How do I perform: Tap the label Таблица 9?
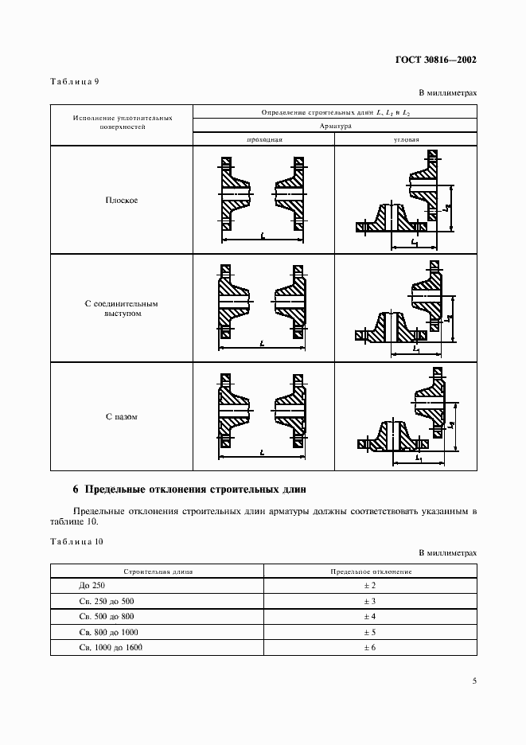[x=74, y=80]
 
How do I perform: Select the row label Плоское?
[x=122, y=200]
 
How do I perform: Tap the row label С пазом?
[x=122, y=416]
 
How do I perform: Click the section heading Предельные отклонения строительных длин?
[x=189, y=488]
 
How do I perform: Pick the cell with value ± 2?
[x=369, y=585]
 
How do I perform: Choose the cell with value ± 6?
[x=369, y=647]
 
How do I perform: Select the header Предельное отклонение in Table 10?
[x=370, y=571]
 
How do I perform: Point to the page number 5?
[x=473, y=681]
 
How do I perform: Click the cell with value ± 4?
[x=369, y=616]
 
